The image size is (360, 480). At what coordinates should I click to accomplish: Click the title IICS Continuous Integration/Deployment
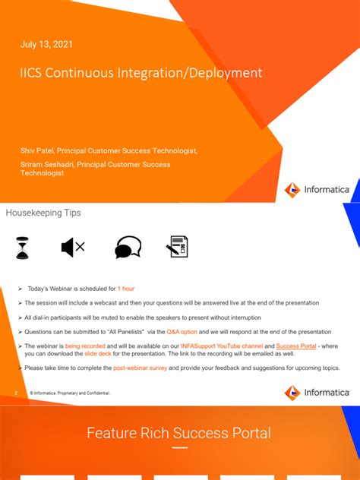coord(141,73)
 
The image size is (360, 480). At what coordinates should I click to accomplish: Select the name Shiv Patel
coord(37,150)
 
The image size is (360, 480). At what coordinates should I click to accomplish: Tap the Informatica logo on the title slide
coord(317,190)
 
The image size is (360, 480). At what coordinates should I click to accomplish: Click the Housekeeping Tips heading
coord(43,213)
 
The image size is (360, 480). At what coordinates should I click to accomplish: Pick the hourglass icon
coord(23,248)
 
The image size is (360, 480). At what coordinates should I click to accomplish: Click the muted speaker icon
coord(72,248)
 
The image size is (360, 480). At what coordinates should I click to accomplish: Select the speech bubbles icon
coord(128,248)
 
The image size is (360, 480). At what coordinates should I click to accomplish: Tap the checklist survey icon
coord(177,247)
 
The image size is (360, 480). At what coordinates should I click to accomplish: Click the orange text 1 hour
coord(126,289)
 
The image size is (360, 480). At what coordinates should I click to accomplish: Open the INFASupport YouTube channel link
coord(220,346)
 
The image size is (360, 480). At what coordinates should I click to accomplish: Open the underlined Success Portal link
coord(295,346)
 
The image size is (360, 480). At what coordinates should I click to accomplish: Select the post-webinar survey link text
coord(141,368)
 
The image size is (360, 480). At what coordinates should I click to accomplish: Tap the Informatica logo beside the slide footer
coord(317,392)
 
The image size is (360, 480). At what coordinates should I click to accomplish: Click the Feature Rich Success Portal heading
coord(178,434)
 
